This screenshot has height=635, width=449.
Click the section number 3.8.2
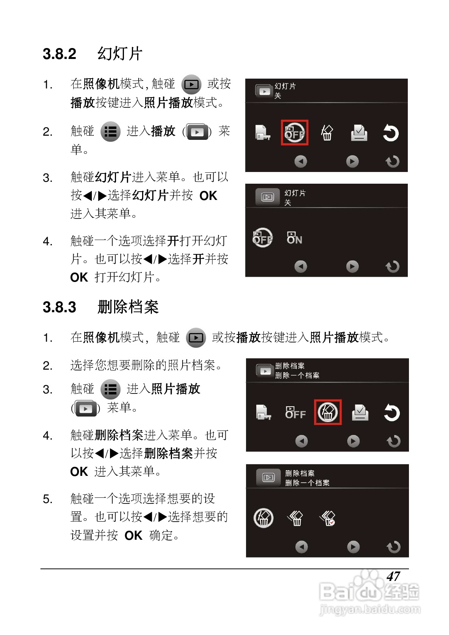click(x=59, y=54)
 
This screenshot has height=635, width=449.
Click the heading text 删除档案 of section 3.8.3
click(x=128, y=307)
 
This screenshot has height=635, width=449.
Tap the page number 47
click(x=393, y=576)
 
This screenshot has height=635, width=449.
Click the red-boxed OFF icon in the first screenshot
click(x=294, y=133)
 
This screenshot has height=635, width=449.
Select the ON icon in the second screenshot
click(x=294, y=238)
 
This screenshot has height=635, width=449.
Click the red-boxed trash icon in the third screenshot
click(x=328, y=412)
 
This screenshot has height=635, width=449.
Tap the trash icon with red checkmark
click(x=328, y=518)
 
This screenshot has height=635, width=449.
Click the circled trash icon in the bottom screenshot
click(x=263, y=518)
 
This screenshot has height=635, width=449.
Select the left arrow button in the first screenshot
click(x=300, y=162)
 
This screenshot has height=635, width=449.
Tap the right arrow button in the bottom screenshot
click(x=353, y=547)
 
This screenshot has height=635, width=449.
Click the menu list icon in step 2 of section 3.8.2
click(x=110, y=132)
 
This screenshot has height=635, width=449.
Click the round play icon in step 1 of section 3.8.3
click(x=196, y=338)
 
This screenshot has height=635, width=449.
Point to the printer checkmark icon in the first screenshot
click(x=359, y=133)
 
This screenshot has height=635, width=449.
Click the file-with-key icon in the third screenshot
click(x=263, y=412)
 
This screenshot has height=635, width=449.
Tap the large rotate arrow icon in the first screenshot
click(x=390, y=133)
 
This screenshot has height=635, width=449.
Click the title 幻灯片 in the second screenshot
click(x=295, y=193)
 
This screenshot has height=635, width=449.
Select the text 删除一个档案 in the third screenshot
click(x=297, y=375)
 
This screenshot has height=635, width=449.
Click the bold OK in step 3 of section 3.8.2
click(x=208, y=196)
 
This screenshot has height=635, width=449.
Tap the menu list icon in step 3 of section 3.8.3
click(x=110, y=389)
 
